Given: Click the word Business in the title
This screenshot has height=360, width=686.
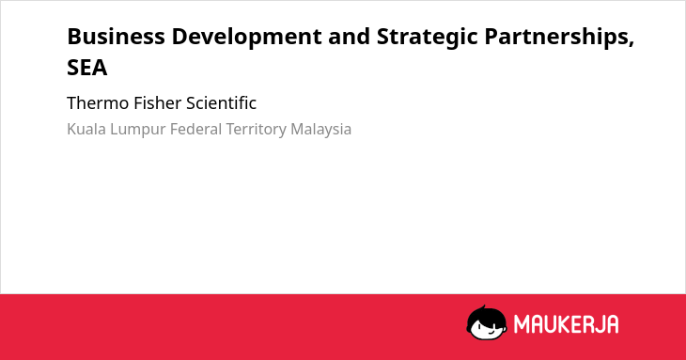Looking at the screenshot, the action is [116, 37].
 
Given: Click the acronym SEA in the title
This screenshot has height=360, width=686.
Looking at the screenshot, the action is [87, 68].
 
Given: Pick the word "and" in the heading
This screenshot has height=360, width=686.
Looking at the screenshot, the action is [350, 37].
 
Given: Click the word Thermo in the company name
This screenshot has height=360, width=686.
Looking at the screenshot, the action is [98, 103].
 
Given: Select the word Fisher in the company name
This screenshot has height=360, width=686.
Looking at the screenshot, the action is [158, 103].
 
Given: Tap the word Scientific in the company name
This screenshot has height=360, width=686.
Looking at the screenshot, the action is [222, 103].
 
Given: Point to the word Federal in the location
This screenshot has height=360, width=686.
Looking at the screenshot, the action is [196, 129].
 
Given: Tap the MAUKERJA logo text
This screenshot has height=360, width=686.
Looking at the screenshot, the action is [566, 324].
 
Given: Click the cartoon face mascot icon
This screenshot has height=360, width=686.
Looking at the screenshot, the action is [487, 323].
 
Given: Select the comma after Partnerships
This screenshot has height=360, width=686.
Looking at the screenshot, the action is [631, 44].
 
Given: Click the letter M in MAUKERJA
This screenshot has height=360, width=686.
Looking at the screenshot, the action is [522, 324].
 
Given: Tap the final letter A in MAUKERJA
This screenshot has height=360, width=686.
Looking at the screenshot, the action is [613, 324].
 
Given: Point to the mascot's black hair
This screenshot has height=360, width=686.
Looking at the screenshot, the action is [486, 313].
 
